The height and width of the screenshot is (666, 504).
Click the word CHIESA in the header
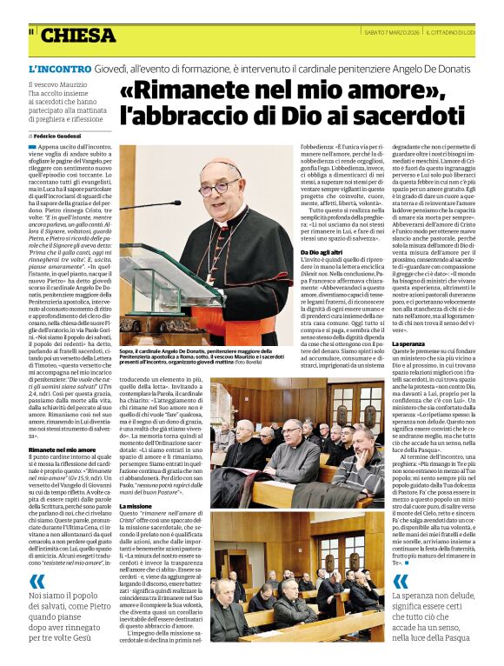point(77,36)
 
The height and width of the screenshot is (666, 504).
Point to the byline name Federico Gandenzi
point(63,136)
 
